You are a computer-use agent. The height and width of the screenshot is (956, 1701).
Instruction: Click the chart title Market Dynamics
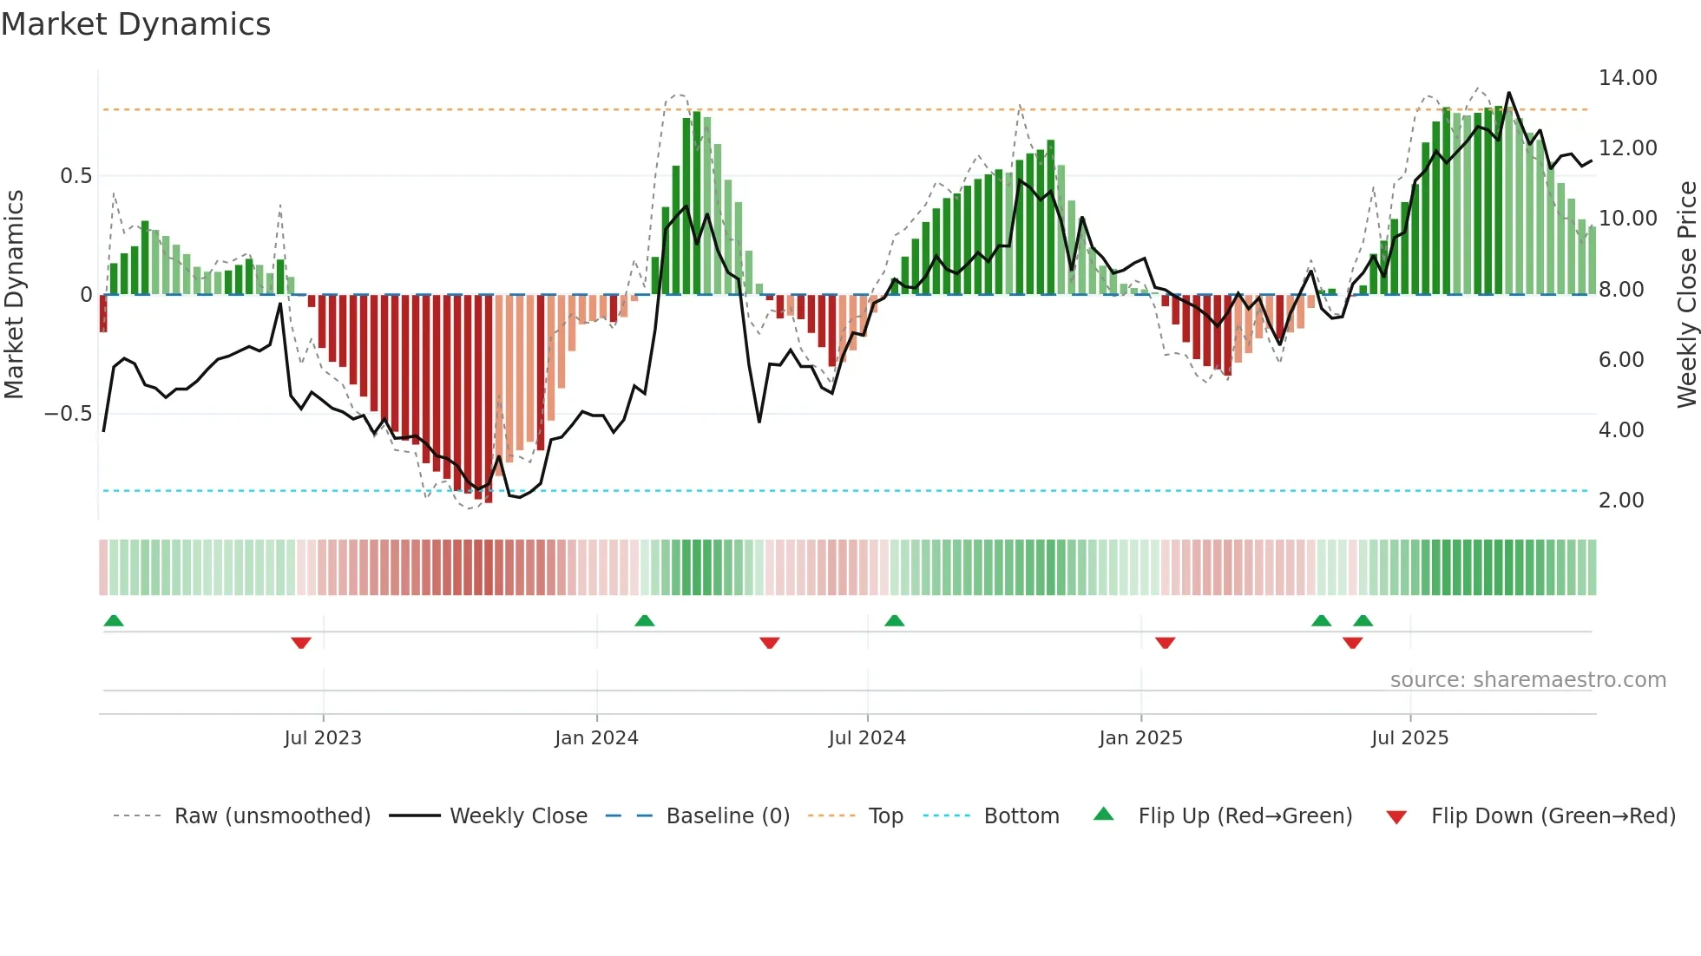tap(136, 24)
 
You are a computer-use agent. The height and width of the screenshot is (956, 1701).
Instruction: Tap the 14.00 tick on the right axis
tap(1627, 78)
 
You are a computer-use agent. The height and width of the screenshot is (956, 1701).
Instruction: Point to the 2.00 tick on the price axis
tap(1620, 501)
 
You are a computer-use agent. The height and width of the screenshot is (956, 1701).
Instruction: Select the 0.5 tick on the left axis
tap(76, 176)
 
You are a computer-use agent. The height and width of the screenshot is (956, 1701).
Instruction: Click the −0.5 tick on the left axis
tap(68, 414)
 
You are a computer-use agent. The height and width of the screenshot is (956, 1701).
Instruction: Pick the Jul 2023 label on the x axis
tap(323, 738)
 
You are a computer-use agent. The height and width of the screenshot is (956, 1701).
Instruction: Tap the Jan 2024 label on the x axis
tap(596, 738)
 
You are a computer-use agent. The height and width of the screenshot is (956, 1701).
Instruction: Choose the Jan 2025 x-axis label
tap(1140, 738)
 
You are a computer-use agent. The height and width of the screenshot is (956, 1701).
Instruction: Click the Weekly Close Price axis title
tap(1686, 295)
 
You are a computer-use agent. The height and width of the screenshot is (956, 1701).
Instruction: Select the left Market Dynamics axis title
tap(14, 295)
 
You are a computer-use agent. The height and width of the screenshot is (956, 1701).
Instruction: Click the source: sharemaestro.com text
tap(1527, 680)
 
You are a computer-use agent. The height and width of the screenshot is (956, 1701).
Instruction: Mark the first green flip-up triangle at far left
tap(114, 620)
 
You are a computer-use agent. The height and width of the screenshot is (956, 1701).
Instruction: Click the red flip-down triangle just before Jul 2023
tap(301, 643)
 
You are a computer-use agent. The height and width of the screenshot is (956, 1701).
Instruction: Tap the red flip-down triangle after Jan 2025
tap(1165, 643)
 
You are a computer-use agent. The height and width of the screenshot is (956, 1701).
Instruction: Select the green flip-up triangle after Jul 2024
tap(894, 620)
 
